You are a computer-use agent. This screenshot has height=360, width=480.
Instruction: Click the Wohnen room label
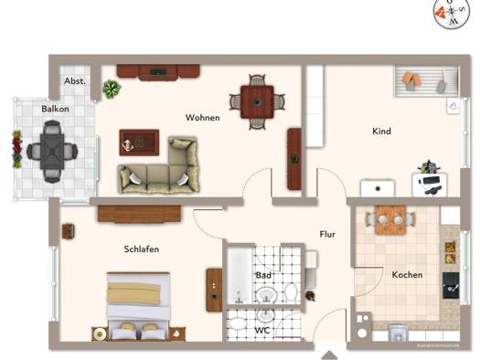coord(202,118)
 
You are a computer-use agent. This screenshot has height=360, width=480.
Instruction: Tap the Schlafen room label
coord(142,249)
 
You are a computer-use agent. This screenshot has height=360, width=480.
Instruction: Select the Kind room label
coord(381,132)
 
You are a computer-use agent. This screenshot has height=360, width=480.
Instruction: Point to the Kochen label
coord(407,275)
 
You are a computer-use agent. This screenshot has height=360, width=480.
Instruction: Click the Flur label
coord(327,234)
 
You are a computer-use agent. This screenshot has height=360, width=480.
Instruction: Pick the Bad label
coord(263,274)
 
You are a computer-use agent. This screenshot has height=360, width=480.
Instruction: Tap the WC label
coord(261,329)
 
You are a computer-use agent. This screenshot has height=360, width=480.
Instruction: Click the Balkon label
coord(54,110)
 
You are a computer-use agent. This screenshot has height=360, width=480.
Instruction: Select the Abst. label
coord(75,81)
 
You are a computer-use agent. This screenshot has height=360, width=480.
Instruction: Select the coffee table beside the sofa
coord(138,142)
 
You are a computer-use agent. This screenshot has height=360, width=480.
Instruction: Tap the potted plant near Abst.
coord(112,89)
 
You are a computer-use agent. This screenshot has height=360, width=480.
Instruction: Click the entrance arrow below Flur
coord(328,351)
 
